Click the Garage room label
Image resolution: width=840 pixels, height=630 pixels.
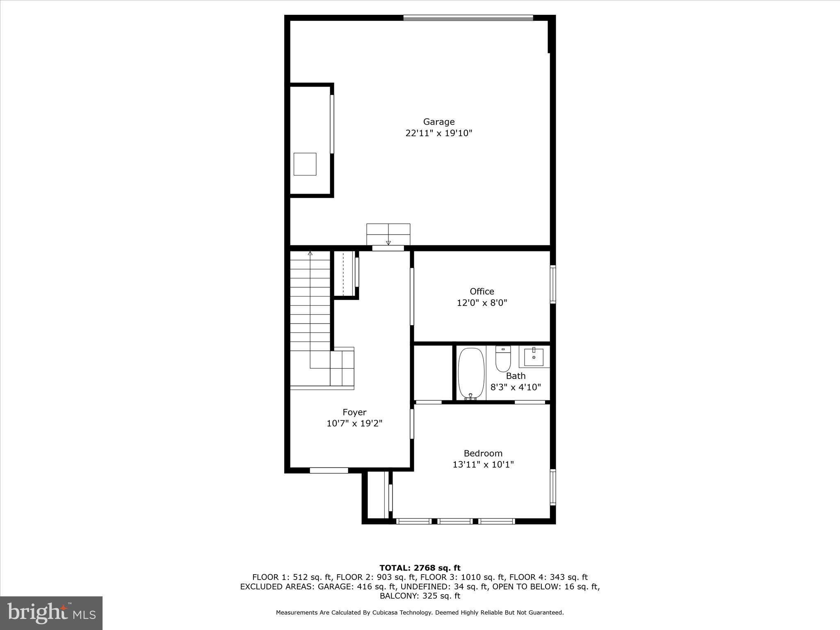(439, 122)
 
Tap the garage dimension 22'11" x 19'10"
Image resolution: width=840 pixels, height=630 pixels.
(439, 133)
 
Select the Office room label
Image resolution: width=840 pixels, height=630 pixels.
(482, 292)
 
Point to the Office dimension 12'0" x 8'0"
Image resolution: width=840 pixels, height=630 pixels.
(482, 303)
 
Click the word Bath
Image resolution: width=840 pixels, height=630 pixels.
(516, 376)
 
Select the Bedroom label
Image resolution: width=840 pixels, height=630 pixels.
(483, 453)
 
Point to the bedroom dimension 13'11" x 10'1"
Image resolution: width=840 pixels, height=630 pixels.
(483, 465)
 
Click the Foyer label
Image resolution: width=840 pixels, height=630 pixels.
(354, 412)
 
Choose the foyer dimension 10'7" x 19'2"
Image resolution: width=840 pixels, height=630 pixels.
(354, 423)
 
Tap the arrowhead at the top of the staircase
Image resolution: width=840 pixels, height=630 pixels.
(310, 253)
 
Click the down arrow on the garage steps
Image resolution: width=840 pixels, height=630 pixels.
(388, 242)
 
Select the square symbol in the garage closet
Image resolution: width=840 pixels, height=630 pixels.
(305, 164)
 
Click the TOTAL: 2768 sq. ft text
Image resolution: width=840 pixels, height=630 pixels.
(420, 568)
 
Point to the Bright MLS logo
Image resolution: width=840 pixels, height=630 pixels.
(51, 613)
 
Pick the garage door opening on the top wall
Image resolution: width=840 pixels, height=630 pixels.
(468, 18)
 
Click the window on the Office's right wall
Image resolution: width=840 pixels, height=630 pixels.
(552, 284)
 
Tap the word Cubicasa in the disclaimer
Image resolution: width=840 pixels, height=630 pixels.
(388, 612)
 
